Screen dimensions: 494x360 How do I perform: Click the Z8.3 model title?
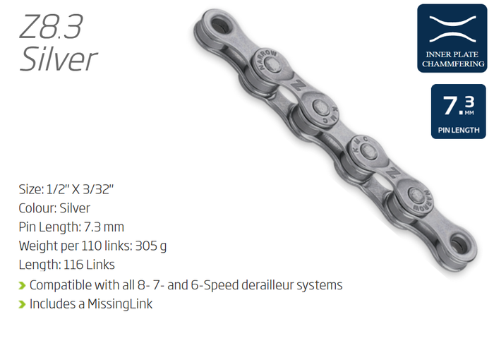pos(51,27)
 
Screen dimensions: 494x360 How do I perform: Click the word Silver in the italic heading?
pos(59,59)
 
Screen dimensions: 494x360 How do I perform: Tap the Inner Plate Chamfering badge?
pos(452,38)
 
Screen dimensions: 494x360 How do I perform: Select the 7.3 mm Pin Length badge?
pos(459,112)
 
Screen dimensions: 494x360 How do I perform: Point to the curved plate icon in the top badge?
pos(452,29)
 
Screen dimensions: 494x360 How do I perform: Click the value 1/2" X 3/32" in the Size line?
pos(80,189)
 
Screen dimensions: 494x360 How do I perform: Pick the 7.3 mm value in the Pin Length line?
pos(104,227)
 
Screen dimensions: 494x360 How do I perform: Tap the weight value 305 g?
pos(151,246)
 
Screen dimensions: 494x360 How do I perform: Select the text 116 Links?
pos(89,265)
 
